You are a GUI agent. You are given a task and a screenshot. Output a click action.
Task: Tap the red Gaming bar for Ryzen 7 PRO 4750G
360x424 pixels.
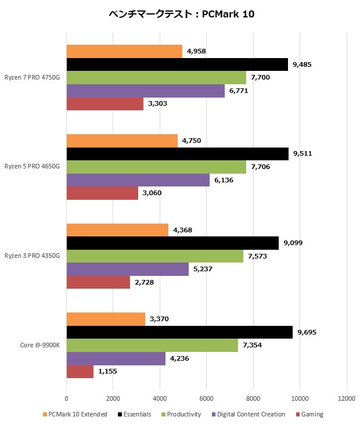point(105,104)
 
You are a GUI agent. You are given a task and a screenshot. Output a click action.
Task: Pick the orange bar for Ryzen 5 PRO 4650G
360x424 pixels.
point(122,141)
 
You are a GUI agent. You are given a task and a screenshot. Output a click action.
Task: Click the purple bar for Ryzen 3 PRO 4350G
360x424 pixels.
point(128,269)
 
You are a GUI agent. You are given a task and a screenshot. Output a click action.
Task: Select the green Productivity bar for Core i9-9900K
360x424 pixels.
point(152,346)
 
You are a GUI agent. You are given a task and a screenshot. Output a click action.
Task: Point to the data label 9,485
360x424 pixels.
point(303,64)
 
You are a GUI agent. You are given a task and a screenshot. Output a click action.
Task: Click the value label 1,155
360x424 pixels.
point(108,372)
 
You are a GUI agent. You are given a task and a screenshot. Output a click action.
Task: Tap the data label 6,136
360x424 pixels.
point(224,180)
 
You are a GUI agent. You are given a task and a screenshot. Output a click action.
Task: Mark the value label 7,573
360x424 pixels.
point(258,256)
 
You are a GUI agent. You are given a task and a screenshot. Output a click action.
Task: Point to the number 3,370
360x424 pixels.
point(160,319)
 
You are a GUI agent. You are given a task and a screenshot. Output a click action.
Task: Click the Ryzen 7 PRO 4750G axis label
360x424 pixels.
point(32,77)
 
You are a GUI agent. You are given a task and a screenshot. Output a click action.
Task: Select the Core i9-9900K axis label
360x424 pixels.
point(40,345)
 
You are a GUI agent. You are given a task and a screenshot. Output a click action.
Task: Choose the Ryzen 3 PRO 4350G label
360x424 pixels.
point(32,256)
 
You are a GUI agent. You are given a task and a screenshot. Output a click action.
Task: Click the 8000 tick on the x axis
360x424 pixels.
point(253,398)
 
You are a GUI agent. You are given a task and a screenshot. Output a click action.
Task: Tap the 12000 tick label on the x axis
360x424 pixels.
point(347,398)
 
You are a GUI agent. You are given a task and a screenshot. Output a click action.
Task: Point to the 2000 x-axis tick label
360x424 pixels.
point(113,398)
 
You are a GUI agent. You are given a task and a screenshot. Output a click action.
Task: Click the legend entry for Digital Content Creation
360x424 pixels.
point(251,414)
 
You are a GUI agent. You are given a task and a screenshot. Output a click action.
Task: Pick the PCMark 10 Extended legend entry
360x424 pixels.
point(78,414)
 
